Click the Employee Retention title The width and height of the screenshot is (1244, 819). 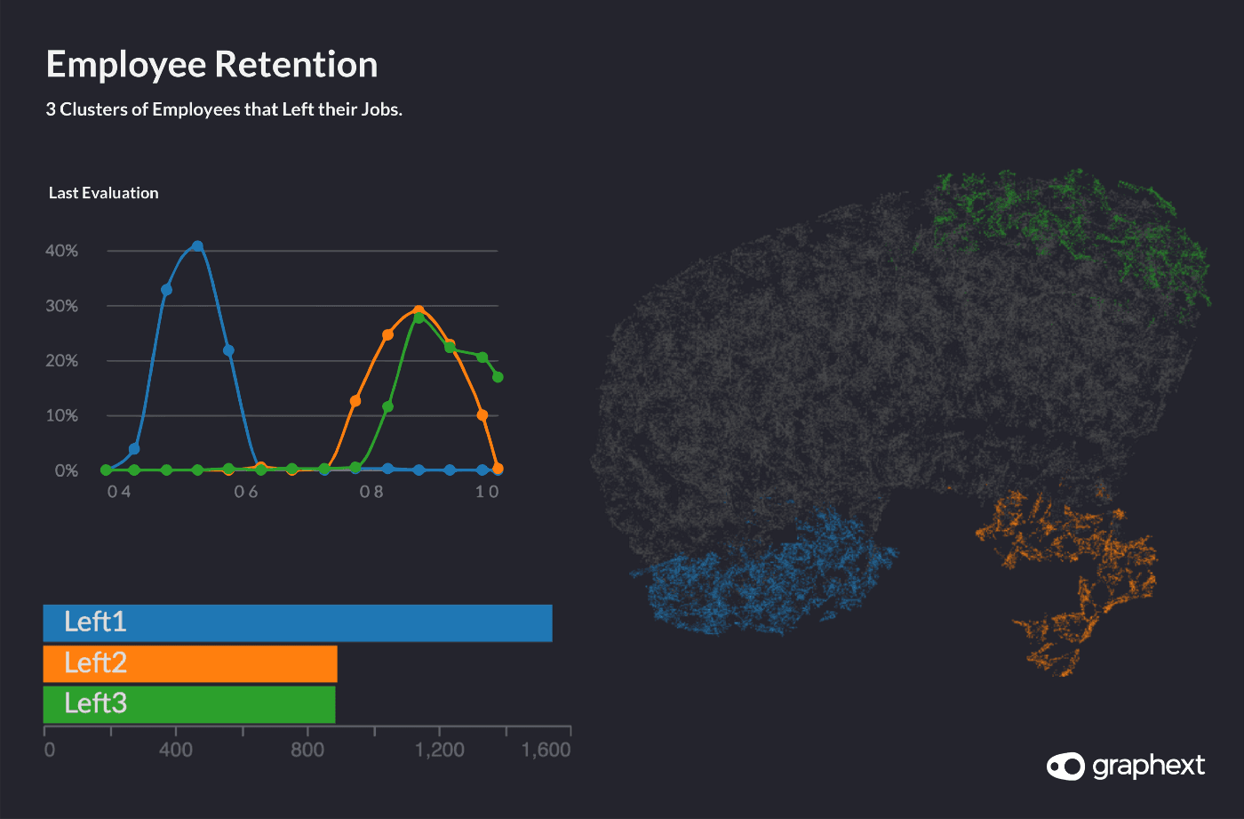211,65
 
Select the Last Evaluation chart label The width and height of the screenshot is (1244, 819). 103,193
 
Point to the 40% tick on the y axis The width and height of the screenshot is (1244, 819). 62,251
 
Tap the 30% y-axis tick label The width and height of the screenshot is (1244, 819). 62,306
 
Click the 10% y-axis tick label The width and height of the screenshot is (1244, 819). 62,415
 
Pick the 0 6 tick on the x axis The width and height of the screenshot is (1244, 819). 246,492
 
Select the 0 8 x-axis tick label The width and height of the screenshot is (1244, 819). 371,492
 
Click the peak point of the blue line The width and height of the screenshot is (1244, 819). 197,246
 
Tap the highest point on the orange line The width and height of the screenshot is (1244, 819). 419,311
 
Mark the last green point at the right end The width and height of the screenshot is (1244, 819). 498,377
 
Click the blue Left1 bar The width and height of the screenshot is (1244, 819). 298,622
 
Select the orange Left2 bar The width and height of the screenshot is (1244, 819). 190,663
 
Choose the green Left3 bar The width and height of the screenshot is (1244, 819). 189,704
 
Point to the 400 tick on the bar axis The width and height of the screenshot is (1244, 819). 176,750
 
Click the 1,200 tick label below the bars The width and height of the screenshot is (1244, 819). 440,750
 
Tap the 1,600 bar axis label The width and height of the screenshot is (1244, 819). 546,750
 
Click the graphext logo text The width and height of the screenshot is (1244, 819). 1148,766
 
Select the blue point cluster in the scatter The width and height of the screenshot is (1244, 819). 764,574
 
